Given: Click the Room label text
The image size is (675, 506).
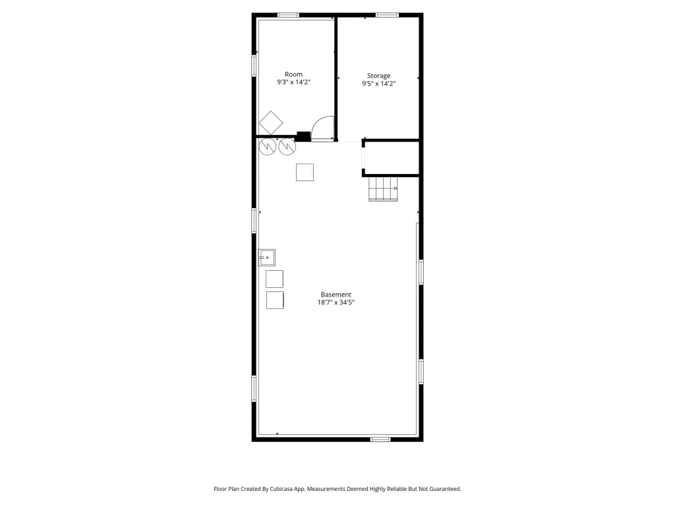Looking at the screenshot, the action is (293, 74).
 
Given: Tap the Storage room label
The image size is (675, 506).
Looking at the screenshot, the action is (378, 76).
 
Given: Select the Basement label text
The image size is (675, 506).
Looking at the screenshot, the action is (336, 295).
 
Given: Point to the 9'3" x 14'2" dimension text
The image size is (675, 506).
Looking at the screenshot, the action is (293, 82).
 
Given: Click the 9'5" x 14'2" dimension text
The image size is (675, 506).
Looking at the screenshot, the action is (379, 84).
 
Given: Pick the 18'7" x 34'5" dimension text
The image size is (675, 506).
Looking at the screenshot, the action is (336, 302).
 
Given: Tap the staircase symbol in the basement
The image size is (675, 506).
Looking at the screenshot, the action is (383, 188).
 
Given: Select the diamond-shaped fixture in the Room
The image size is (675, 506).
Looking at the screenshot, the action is (271, 123).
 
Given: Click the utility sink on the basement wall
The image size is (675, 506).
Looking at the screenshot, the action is (266, 258).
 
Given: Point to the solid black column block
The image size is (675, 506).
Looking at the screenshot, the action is (303, 136).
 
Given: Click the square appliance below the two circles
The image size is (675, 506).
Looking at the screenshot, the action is (305, 172).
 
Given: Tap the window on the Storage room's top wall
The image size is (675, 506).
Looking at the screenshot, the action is (388, 16).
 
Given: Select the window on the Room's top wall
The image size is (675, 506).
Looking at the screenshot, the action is (289, 16).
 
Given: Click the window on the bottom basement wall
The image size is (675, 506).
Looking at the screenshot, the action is (380, 439).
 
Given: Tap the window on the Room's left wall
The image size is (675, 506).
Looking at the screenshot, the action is (254, 66).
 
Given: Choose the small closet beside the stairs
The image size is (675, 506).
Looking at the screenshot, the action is (392, 158).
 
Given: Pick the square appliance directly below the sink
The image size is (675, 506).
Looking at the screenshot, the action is (274, 279).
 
